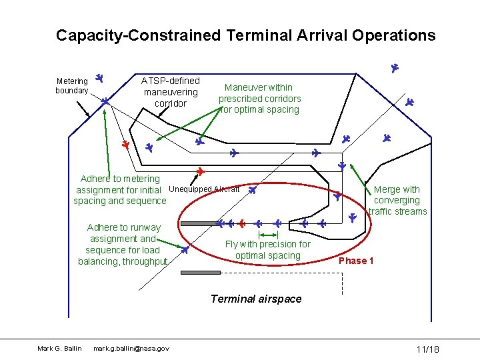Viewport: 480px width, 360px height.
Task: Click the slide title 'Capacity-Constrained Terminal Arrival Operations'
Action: [x=245, y=35]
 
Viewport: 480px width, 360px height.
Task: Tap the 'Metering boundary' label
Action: [x=71, y=86]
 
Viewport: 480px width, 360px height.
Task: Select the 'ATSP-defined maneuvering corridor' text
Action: [x=170, y=92]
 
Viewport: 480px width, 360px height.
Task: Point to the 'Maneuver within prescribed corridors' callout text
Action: [x=259, y=98]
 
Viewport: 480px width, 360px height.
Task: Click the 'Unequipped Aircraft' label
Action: [x=204, y=189]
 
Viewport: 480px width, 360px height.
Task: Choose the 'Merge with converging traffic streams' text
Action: [x=397, y=201]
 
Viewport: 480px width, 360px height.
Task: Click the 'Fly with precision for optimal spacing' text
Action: [x=267, y=249]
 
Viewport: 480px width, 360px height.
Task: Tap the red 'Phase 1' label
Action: [x=356, y=261]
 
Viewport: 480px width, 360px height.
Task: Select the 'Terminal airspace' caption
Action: [x=256, y=299]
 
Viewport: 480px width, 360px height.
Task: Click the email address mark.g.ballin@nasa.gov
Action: [x=131, y=349]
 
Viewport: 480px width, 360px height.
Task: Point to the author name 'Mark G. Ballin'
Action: [x=59, y=349]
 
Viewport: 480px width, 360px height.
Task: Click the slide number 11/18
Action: [x=427, y=350]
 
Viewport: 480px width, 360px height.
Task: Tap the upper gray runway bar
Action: [x=200, y=224]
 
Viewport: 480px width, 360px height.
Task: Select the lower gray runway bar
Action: [x=200, y=272]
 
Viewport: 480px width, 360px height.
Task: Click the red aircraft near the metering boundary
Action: [x=125, y=144]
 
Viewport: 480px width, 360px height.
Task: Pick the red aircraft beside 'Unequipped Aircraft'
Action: [x=200, y=172]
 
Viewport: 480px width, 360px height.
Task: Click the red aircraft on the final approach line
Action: [x=242, y=223]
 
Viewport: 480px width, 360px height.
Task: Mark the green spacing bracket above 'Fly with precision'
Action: [x=268, y=235]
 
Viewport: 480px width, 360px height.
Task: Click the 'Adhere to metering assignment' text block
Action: [x=120, y=189]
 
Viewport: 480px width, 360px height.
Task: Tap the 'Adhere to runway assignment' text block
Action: [x=123, y=244]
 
